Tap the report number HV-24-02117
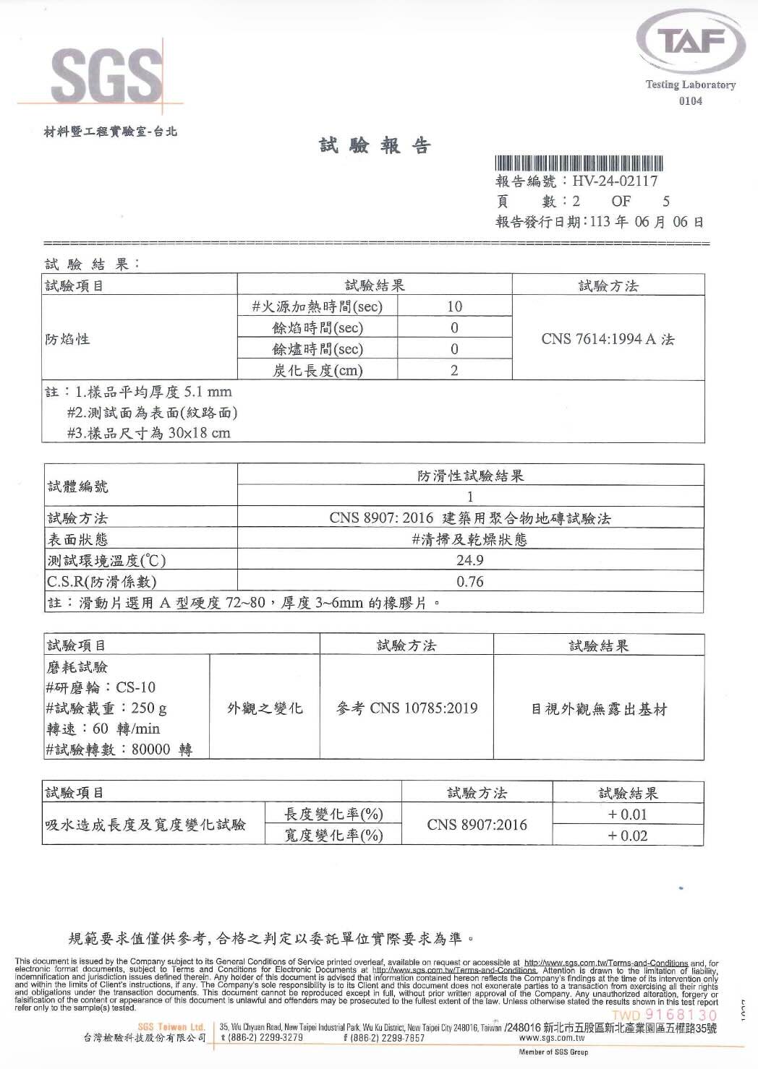pyautogui.click(x=615, y=181)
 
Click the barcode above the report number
pyautogui.click(x=579, y=163)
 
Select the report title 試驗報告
pyautogui.click(x=375, y=146)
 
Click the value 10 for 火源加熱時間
pyautogui.click(x=454, y=306)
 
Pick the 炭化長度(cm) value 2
pyautogui.click(x=454, y=371)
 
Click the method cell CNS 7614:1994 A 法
pyautogui.click(x=608, y=338)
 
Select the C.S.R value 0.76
pyautogui.click(x=470, y=582)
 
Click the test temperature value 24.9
pyautogui.click(x=470, y=560)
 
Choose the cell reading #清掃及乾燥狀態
pyautogui.click(x=470, y=539)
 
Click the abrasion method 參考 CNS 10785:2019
pyautogui.click(x=407, y=708)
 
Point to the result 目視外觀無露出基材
pyautogui.click(x=599, y=709)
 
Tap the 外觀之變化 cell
pyautogui.click(x=265, y=708)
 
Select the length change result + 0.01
pyautogui.click(x=627, y=815)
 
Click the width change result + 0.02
pyautogui.click(x=627, y=836)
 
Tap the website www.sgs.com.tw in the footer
pyautogui.click(x=552, y=1038)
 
